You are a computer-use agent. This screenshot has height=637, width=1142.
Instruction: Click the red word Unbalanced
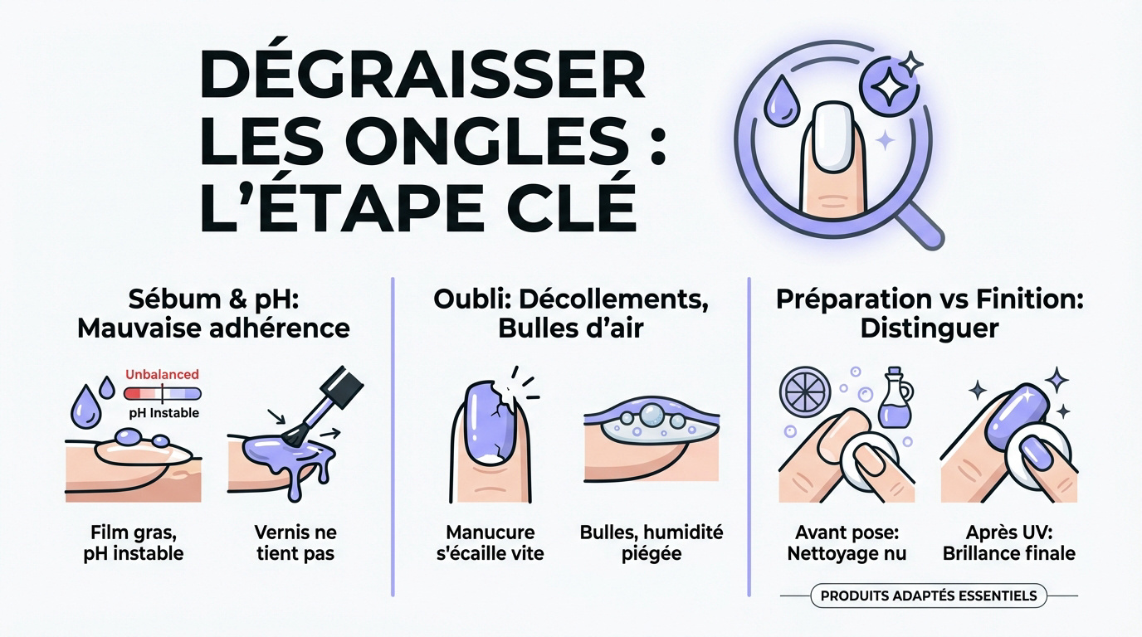(x=162, y=375)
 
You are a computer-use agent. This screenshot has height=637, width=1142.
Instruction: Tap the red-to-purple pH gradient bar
(x=162, y=393)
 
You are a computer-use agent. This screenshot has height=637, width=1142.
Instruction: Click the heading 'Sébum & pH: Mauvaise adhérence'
(x=213, y=314)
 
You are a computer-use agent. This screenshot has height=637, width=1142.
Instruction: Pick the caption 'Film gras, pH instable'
(x=133, y=542)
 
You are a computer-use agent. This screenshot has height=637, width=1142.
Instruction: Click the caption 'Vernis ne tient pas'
(x=295, y=542)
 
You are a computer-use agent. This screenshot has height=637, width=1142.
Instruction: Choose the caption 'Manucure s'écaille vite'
(x=490, y=542)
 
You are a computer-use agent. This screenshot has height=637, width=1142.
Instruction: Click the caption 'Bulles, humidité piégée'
(x=652, y=542)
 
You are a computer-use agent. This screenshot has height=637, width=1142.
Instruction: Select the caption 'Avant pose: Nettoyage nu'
(x=847, y=542)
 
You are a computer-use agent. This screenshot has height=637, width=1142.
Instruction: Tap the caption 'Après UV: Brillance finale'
(x=1009, y=542)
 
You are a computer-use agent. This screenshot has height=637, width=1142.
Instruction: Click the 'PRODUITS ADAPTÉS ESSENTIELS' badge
(x=929, y=596)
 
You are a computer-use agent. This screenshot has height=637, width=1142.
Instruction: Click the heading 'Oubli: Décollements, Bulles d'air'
(x=571, y=314)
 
